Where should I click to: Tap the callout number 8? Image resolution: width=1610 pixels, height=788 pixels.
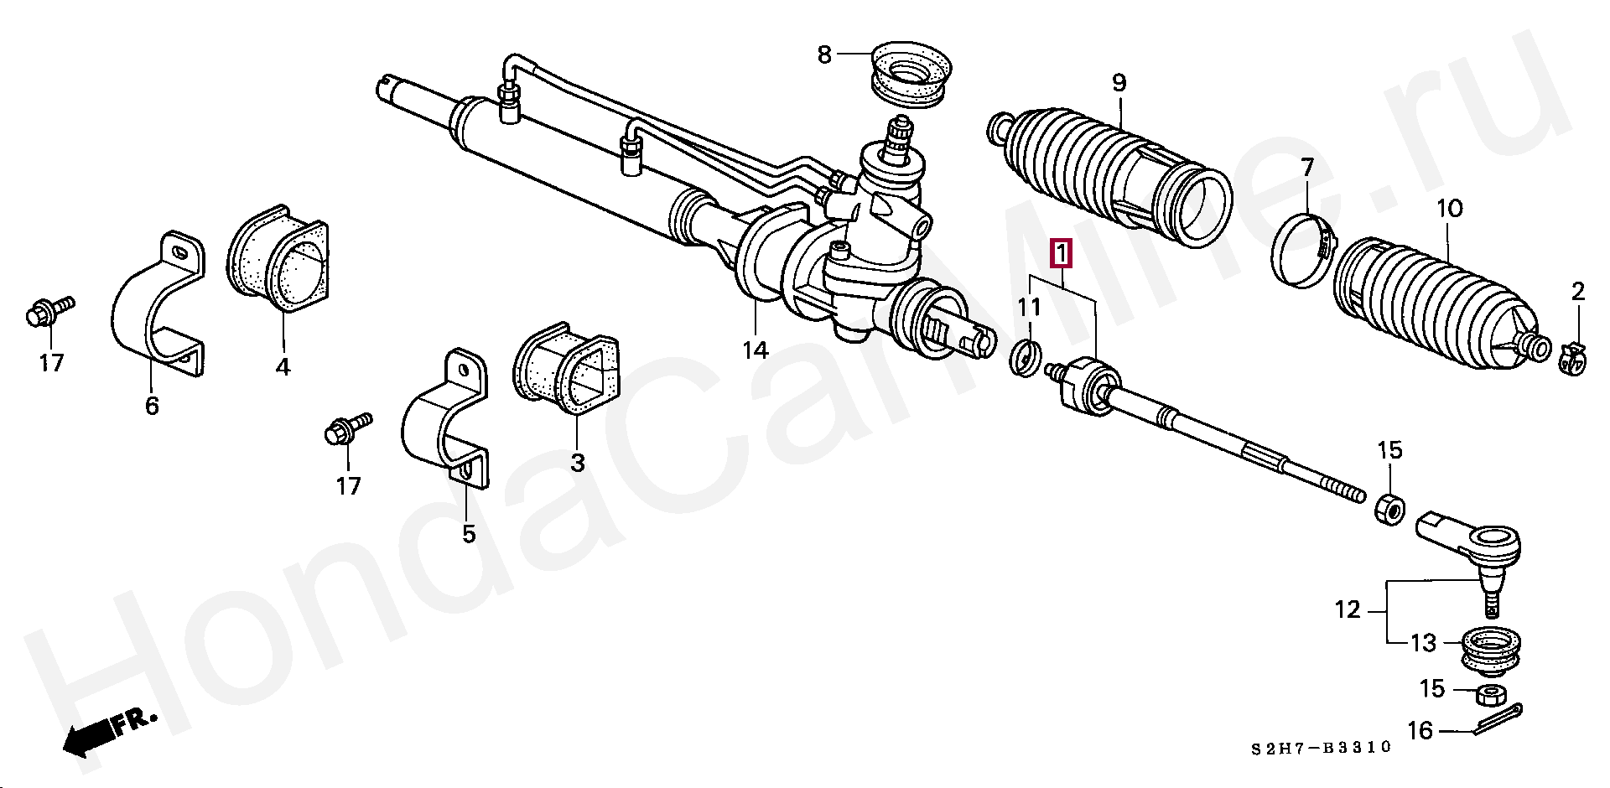pos(823,55)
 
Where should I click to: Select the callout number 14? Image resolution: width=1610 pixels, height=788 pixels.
pos(755,350)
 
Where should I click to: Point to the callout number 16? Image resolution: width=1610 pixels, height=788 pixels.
pos(1419,731)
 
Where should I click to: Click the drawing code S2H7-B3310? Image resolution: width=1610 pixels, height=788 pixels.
pos(1321,747)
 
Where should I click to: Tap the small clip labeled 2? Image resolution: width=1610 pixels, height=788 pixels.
pos(1574,355)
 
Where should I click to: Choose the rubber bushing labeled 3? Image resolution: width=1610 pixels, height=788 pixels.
pos(569,369)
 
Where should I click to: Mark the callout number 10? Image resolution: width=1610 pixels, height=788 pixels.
pos(1449,209)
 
